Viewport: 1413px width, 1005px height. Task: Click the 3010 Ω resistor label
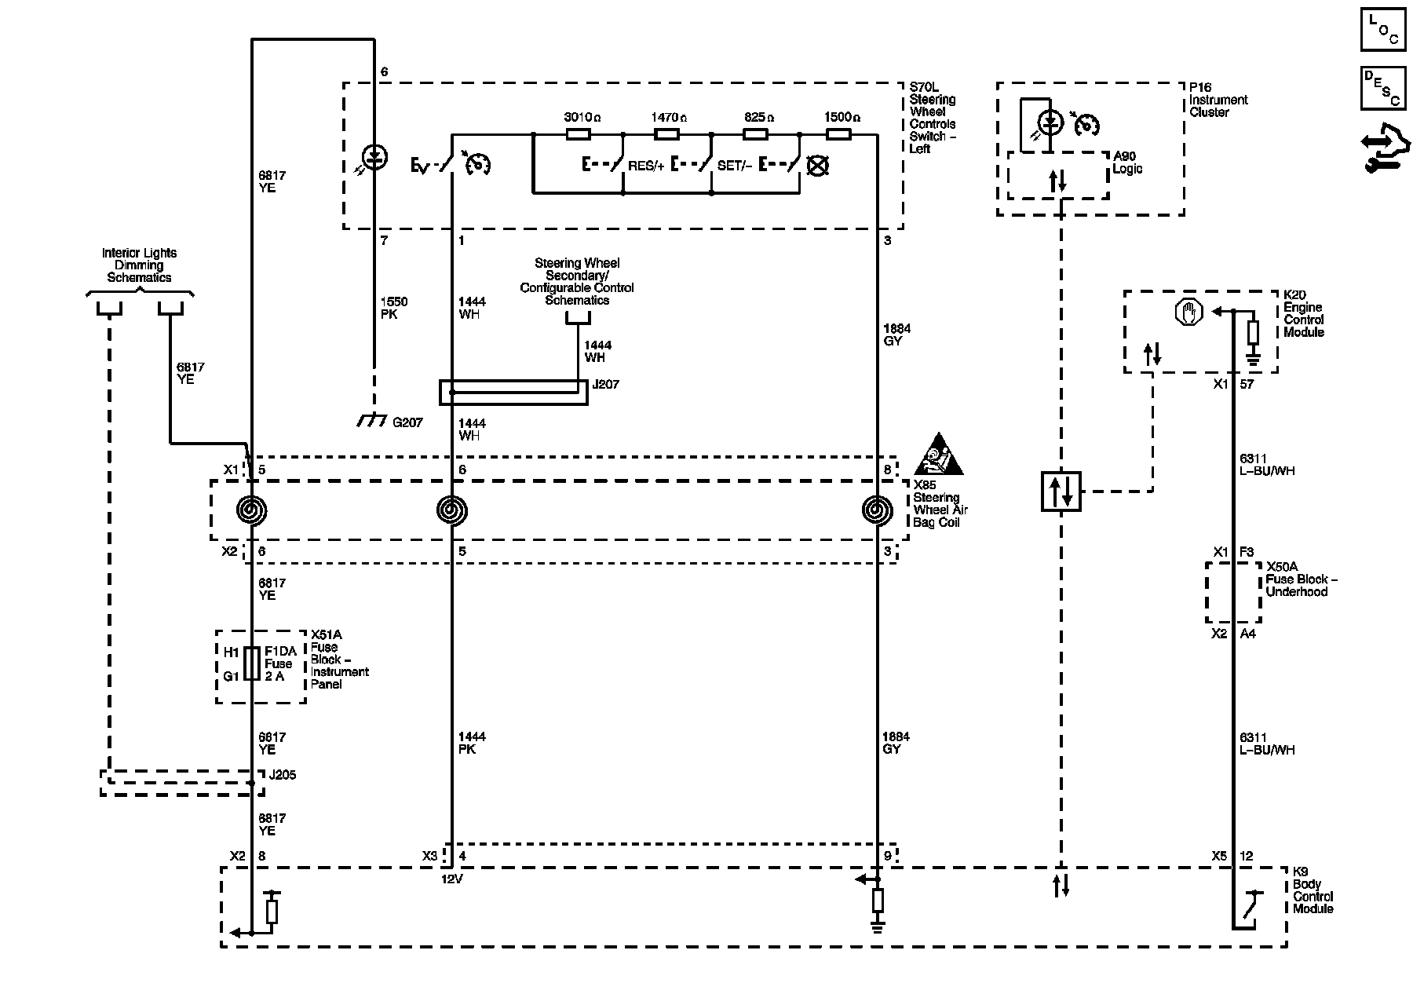(x=582, y=117)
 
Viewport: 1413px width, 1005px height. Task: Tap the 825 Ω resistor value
(x=759, y=117)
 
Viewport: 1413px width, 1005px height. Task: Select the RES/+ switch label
(x=646, y=166)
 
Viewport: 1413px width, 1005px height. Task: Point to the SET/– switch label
(x=734, y=166)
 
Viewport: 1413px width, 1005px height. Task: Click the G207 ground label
(x=407, y=422)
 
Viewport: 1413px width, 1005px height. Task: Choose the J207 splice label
(x=605, y=385)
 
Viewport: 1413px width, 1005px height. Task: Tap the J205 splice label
(x=283, y=775)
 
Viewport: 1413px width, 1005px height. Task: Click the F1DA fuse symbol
(x=252, y=663)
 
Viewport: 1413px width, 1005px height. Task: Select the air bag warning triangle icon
(x=939, y=455)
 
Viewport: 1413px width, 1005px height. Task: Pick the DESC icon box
(x=1383, y=89)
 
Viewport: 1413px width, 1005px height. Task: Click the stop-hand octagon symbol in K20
(x=1188, y=312)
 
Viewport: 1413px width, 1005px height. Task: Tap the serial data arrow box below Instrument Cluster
(x=1061, y=492)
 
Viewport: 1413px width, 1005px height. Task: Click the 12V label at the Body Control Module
(x=451, y=879)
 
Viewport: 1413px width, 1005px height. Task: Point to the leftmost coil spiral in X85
(x=252, y=511)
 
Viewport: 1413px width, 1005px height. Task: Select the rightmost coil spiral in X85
(x=877, y=511)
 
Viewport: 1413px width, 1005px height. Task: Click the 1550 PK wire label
(x=393, y=308)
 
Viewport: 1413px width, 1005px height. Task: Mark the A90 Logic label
(x=1128, y=163)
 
